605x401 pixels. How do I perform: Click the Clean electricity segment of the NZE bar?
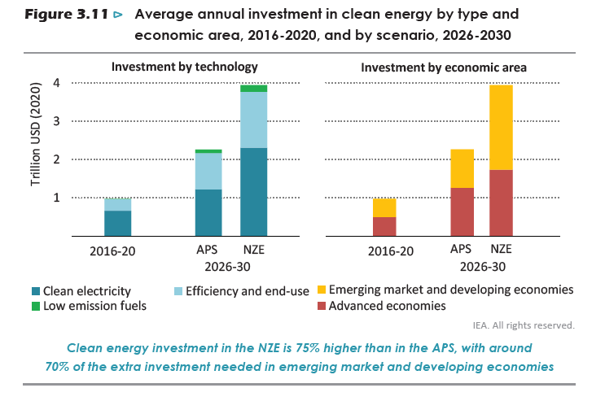tap(254, 192)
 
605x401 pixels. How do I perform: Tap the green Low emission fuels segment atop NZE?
tap(254, 88)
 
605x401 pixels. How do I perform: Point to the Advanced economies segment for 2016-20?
tap(384, 226)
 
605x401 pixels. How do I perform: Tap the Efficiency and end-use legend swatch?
tap(177, 290)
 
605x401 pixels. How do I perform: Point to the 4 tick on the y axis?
tap(56, 82)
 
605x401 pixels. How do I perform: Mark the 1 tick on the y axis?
tap(56, 198)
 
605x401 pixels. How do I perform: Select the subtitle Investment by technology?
tap(185, 67)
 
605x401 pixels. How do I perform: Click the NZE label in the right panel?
tap(502, 248)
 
